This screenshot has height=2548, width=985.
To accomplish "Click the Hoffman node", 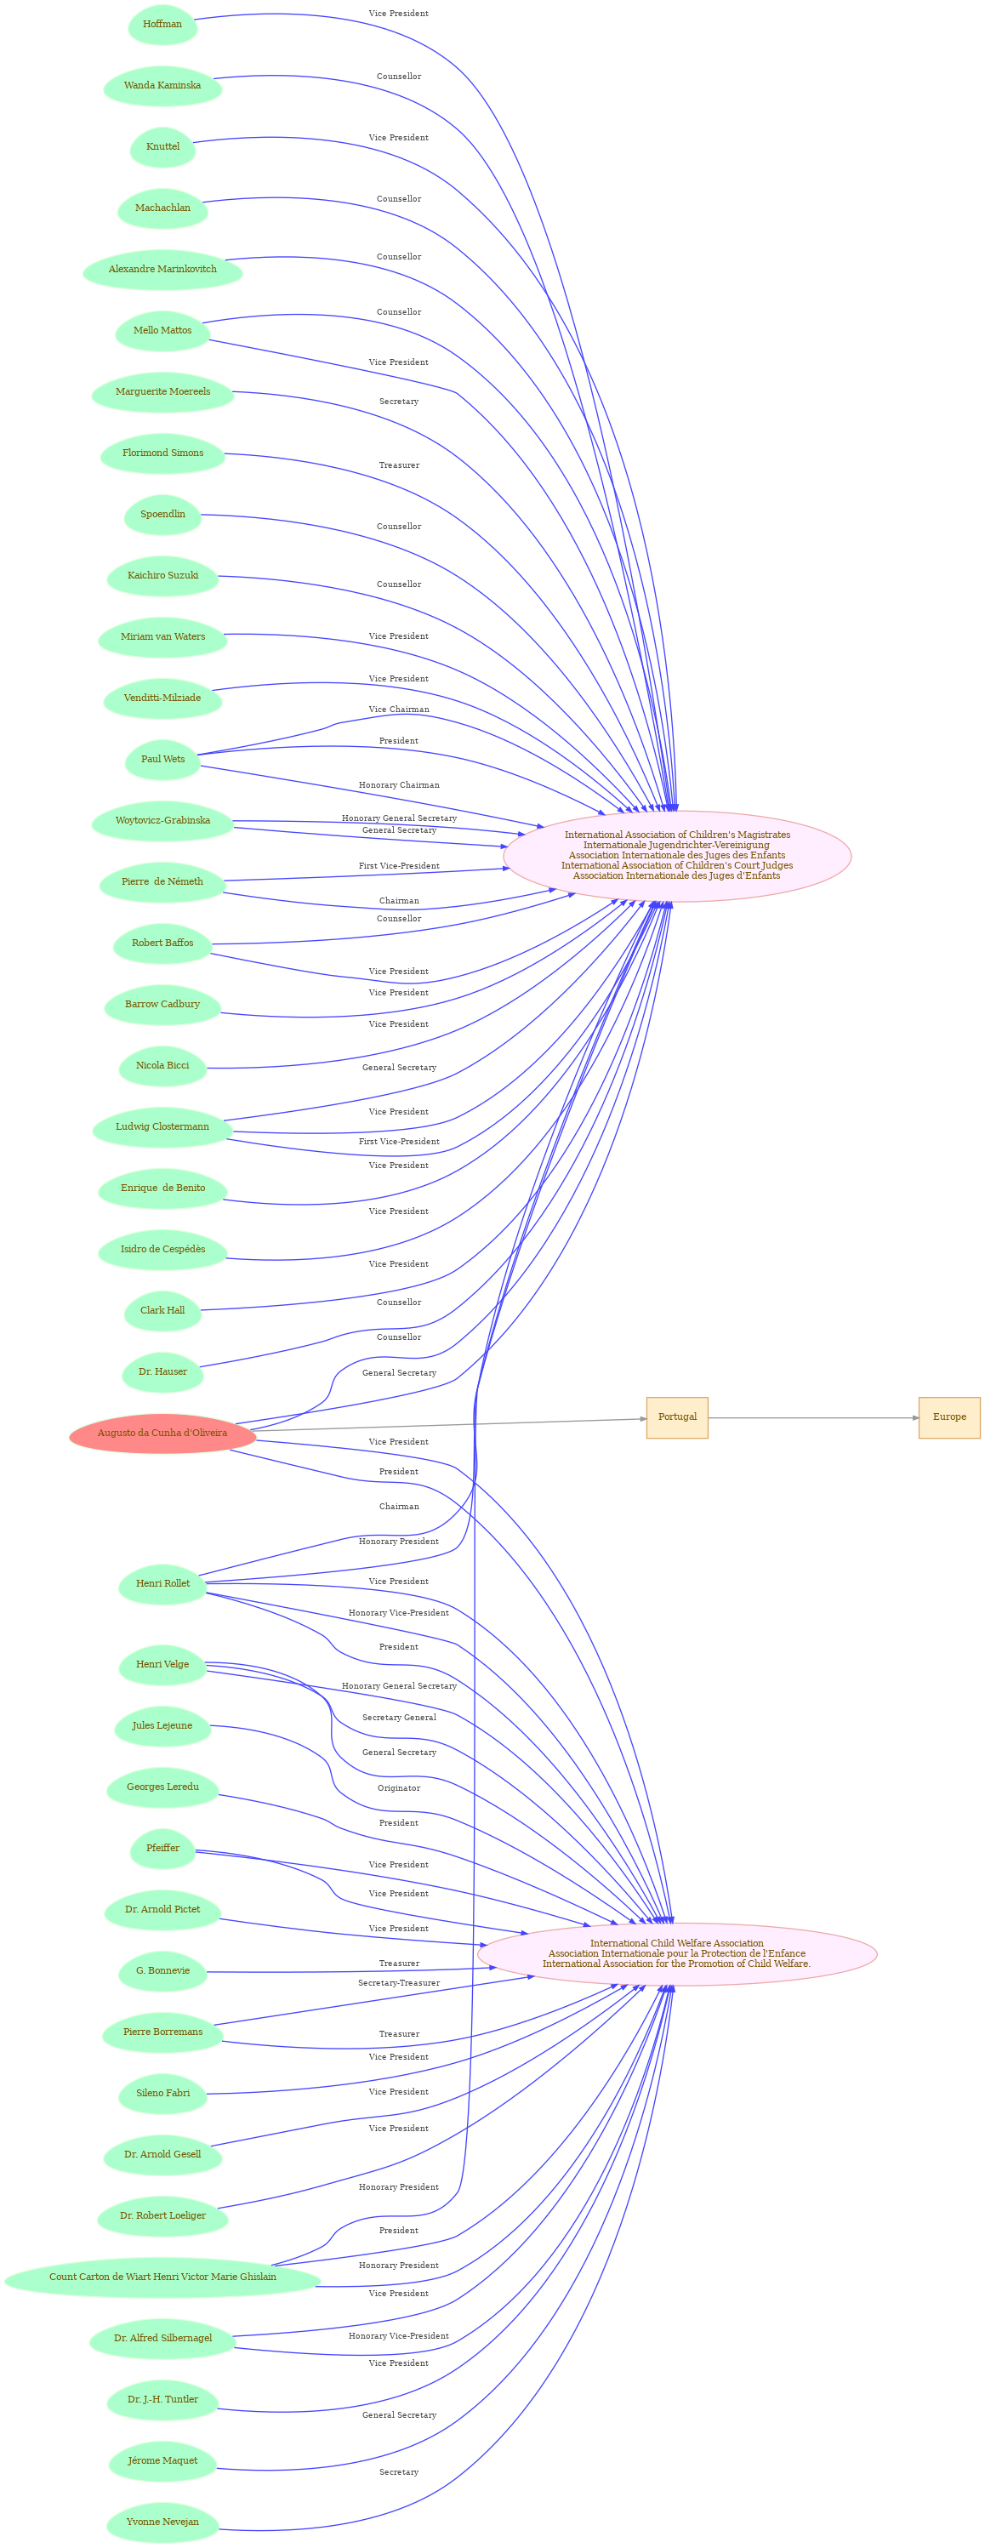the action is coord(162,25).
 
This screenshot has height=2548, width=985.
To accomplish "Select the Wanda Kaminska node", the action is coord(162,86).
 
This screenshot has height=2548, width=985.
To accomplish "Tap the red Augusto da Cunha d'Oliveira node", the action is coord(162,1434).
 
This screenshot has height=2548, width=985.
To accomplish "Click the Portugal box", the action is coord(677,1417).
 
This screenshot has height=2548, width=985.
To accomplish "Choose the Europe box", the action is coord(949,1417).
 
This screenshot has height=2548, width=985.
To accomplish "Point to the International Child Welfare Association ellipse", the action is coord(676,1953).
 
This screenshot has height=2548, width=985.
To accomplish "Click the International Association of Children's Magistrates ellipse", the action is coord(677,856).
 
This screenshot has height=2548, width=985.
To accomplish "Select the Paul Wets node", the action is coord(162,760).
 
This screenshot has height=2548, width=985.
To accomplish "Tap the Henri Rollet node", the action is coord(162,1583).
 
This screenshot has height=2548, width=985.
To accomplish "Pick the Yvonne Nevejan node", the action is coord(162,2522).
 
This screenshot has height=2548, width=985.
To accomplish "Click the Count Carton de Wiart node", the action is coord(162,2277).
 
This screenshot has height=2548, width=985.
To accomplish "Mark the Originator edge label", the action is coord(399,1788).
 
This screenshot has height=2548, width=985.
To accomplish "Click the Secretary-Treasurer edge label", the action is coord(399,1983).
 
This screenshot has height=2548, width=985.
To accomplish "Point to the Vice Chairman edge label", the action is coord(399,710).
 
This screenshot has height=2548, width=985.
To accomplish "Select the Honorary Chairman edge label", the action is coord(399,785).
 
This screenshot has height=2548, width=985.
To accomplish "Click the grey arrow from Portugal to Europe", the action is coord(813,1417).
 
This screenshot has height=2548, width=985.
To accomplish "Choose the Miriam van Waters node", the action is coord(162,637).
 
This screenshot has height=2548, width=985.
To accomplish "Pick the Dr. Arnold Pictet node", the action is coord(162,1910).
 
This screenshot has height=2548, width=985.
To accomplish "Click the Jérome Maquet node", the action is coord(162,2461).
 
